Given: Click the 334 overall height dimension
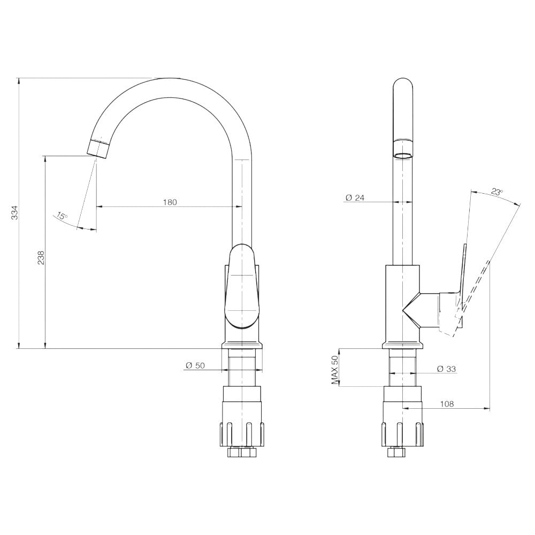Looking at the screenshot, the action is click(x=14, y=212).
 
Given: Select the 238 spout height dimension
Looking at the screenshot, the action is click(x=41, y=258).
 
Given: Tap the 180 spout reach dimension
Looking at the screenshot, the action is click(x=170, y=202).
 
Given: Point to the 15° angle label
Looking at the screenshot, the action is click(x=62, y=216).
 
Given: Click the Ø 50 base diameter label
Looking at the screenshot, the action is click(x=195, y=365).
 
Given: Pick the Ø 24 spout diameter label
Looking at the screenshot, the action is click(x=355, y=197).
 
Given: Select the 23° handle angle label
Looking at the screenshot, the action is click(x=497, y=192).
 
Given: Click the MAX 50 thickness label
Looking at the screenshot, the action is click(x=335, y=370).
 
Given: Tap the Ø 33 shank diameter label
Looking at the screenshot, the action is click(x=446, y=369).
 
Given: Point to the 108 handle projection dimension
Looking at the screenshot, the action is click(x=447, y=404).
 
